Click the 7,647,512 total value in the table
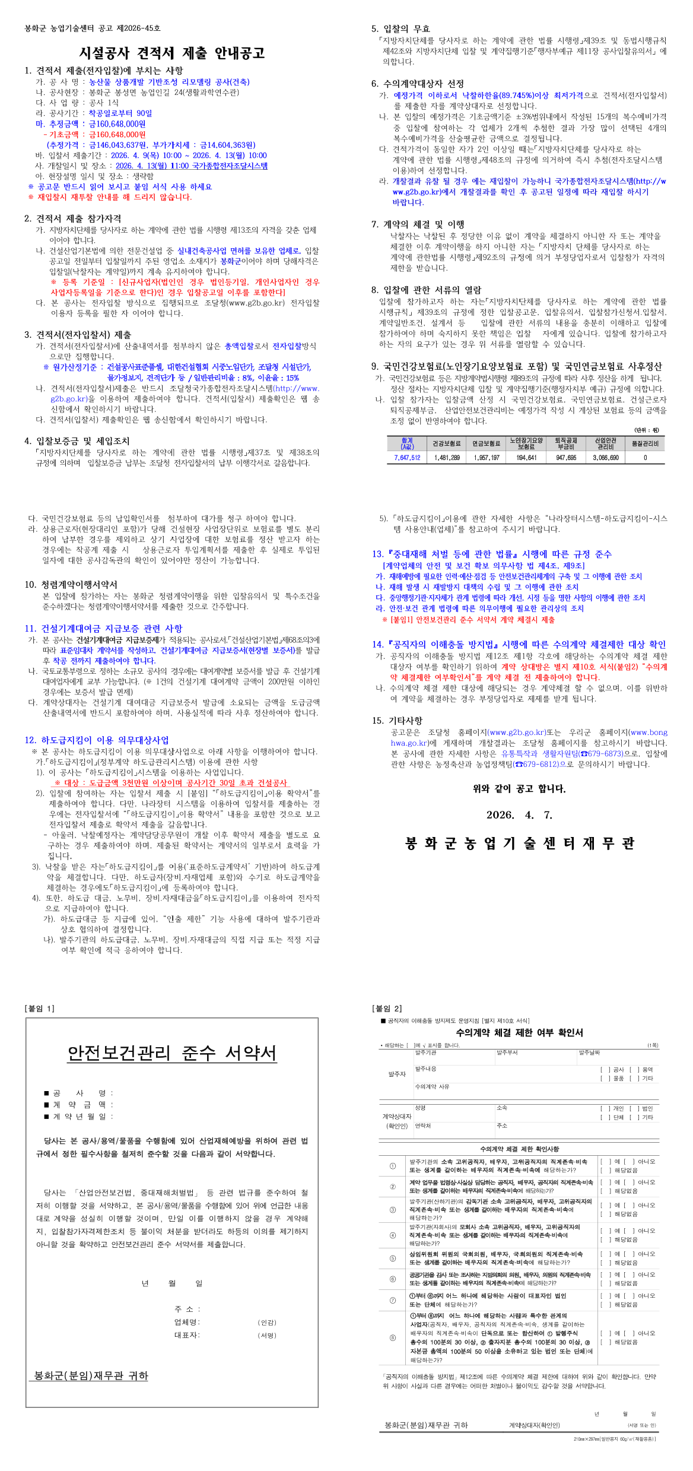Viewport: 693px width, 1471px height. click(x=407, y=458)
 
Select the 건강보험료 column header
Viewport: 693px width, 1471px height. click(x=446, y=443)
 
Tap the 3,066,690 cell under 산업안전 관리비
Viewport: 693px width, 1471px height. click(x=605, y=458)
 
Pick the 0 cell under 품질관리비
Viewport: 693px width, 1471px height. click(x=645, y=458)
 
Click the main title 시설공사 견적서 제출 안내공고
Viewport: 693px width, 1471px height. click(x=172, y=53)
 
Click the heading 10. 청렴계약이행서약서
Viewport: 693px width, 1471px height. click(x=71, y=585)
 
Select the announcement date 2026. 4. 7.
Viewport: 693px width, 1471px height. click(x=519, y=815)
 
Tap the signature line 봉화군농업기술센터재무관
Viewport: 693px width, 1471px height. click(x=519, y=844)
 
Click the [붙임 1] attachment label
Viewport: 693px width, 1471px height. click(x=40, y=1009)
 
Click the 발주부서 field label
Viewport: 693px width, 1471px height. click(x=507, y=1052)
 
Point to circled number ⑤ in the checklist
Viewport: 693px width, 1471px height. click(x=393, y=1258)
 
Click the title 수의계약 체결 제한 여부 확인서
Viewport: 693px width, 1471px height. click(x=519, y=1033)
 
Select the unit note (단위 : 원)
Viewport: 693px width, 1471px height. click(x=646, y=430)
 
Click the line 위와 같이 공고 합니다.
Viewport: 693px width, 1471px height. click(x=519, y=789)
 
